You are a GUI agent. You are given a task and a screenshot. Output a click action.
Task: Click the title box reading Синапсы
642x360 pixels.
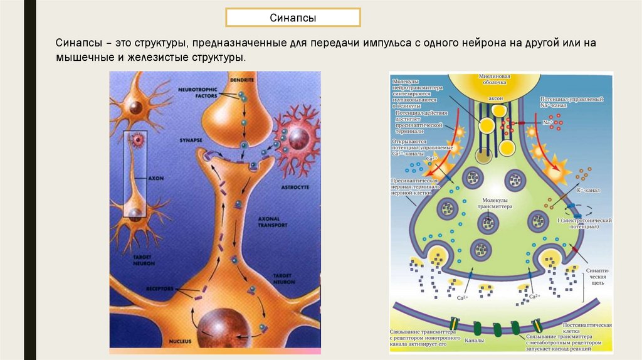(293, 18)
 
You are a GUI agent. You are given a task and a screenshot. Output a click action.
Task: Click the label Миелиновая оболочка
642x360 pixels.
(495, 80)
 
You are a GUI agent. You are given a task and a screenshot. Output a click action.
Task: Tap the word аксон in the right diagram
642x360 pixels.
(495, 99)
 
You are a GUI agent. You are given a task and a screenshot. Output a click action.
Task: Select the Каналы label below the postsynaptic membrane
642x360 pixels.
(474, 343)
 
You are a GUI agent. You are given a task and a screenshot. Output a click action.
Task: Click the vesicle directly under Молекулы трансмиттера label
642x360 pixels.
(488, 223)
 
